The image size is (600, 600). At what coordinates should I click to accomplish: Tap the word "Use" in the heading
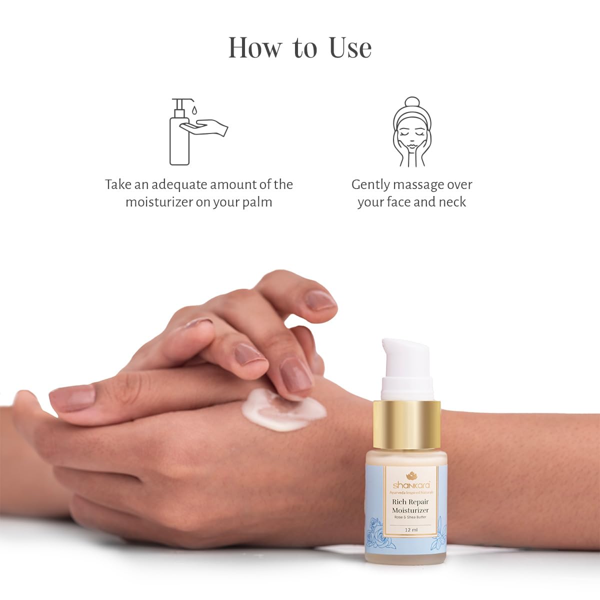(x=350, y=48)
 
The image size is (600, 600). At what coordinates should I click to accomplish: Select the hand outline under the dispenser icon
(x=205, y=127)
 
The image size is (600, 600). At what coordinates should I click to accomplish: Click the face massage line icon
(x=411, y=132)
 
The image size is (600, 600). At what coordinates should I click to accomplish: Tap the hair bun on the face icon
(x=411, y=102)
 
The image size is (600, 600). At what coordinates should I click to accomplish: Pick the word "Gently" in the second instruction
(x=370, y=184)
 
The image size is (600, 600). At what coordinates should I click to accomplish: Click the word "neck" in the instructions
(x=452, y=202)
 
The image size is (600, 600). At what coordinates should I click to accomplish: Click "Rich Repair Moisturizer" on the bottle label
(x=410, y=505)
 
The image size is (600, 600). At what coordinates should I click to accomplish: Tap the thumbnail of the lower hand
(x=72, y=397)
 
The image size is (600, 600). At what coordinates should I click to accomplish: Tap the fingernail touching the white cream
(x=296, y=374)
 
